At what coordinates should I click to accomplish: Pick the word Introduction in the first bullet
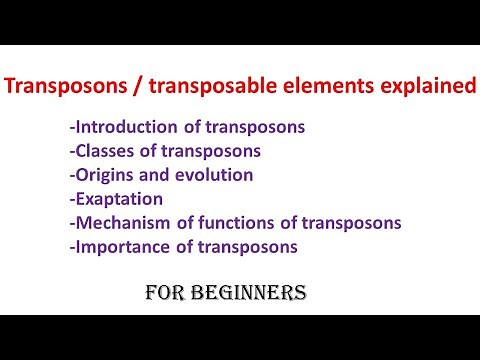coord(125,127)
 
